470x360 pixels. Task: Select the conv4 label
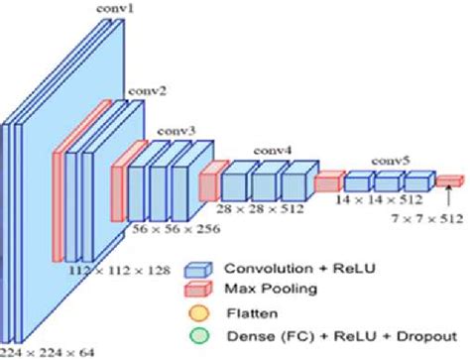273,151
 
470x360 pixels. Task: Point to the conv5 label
390,160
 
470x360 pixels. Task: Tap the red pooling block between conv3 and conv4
208,182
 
